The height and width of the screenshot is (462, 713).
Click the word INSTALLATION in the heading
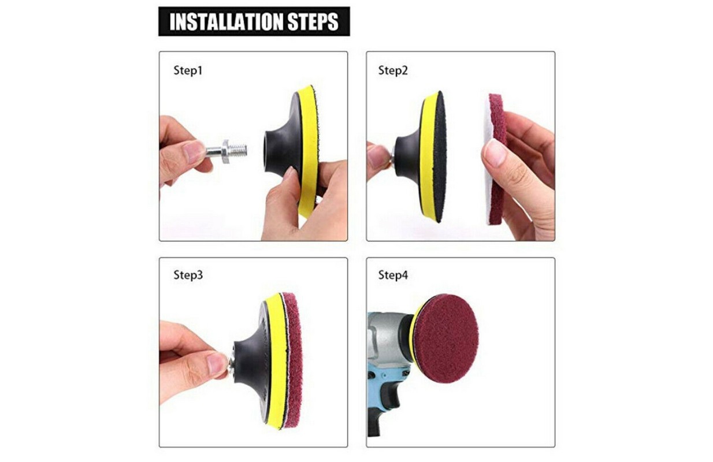(x=226, y=21)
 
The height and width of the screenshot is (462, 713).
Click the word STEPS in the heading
(x=313, y=21)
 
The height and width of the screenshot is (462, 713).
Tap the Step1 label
(x=188, y=70)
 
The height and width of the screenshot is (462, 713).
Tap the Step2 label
(x=393, y=70)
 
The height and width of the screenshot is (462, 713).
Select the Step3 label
(x=188, y=275)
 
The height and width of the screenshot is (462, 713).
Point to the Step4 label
(x=393, y=275)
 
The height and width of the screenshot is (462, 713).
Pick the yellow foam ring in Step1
(x=307, y=150)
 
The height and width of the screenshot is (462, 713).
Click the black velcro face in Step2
(x=440, y=156)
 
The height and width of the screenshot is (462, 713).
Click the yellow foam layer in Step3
(x=276, y=361)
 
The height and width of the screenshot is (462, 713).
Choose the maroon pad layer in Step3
(x=294, y=361)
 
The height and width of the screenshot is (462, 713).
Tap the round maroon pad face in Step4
(x=446, y=338)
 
